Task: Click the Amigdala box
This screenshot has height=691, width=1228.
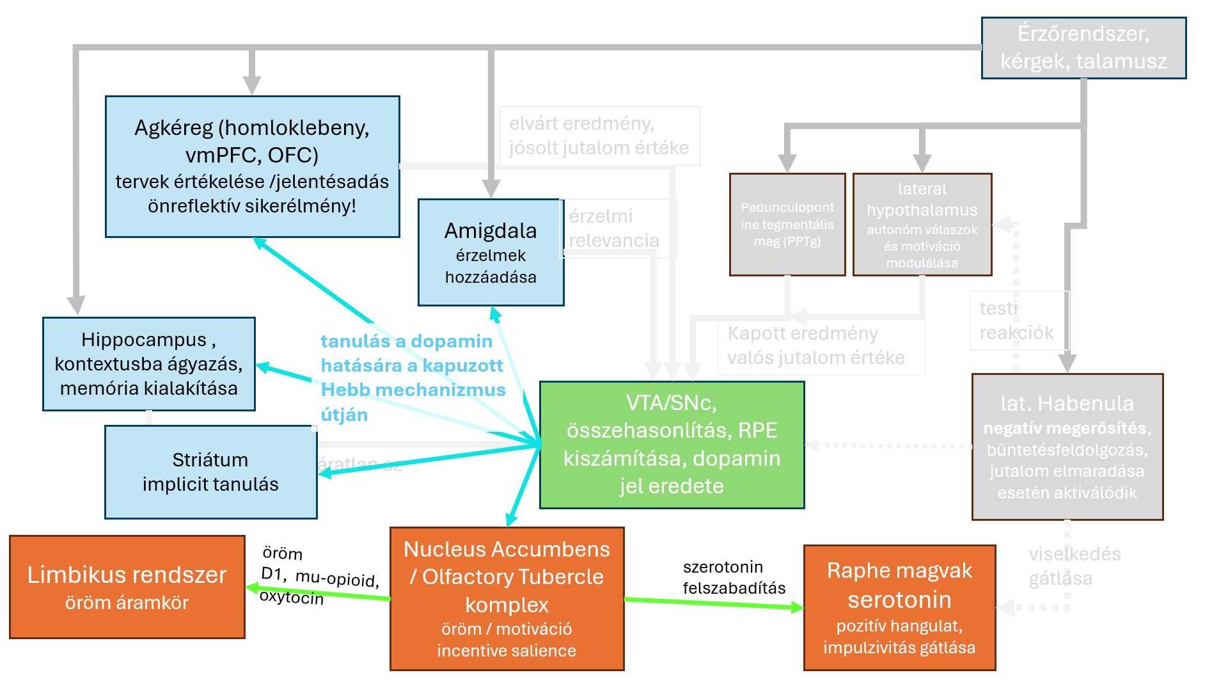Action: [x=491, y=253]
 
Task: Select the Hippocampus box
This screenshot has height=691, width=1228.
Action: [x=148, y=363]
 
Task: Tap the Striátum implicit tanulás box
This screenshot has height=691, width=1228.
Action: [x=210, y=472]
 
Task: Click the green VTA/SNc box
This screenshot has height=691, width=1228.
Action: [x=672, y=445]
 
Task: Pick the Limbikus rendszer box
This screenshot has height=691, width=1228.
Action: [x=127, y=587]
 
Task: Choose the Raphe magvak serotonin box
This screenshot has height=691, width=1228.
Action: [x=899, y=607]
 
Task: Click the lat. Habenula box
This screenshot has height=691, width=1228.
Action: [x=1067, y=447]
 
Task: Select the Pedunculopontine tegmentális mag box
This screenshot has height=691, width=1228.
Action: [x=787, y=225]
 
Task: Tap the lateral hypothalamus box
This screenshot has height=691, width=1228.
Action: [x=922, y=225]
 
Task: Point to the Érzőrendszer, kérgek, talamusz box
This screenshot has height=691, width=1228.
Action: [x=1083, y=48]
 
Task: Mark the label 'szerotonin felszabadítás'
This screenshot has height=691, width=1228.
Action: [x=734, y=577]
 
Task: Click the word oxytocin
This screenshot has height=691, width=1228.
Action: [x=292, y=597]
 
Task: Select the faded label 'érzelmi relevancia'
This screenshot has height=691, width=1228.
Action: [x=613, y=228]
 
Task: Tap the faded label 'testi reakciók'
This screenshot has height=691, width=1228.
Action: [x=1016, y=321]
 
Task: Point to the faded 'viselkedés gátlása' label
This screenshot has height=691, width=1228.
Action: [x=1074, y=566]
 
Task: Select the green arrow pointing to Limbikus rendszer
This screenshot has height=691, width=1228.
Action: [x=320, y=593]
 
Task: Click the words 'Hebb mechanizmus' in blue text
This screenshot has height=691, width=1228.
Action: [x=413, y=390]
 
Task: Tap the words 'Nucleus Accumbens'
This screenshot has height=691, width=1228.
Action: [x=507, y=550]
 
